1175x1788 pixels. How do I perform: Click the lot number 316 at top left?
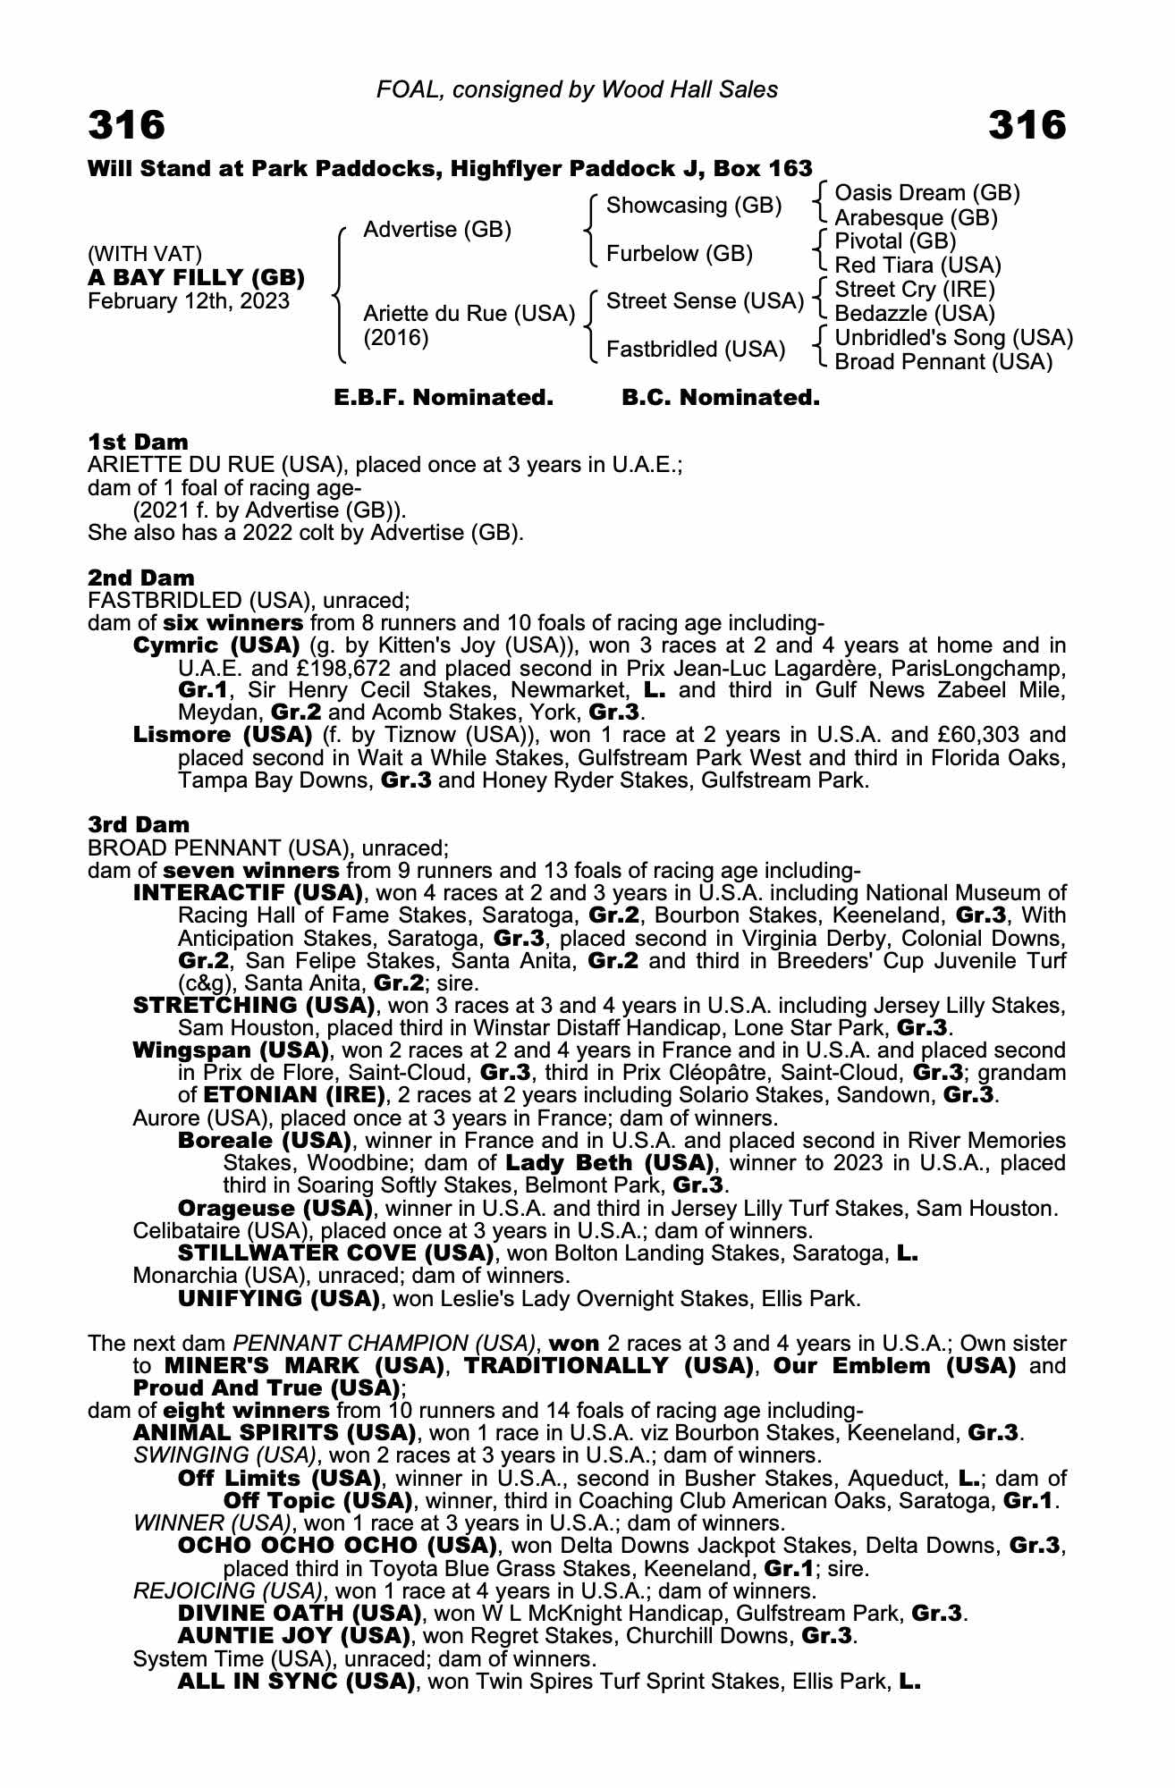[126, 125]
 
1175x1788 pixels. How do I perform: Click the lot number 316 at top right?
[1027, 125]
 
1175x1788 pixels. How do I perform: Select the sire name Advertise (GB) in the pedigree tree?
[436, 230]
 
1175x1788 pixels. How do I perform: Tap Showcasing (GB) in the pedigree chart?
[694, 206]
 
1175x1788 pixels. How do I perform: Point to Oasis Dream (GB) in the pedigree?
[926, 193]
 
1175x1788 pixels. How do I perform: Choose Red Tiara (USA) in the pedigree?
[917, 266]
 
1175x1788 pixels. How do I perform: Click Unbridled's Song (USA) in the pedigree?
[953, 338]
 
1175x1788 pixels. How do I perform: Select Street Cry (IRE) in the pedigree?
[914, 290]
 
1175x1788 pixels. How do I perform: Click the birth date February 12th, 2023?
[188, 301]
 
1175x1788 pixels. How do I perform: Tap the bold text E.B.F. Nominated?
[444, 398]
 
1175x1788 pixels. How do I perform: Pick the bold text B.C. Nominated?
[721, 398]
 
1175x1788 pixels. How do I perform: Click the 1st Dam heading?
[138, 442]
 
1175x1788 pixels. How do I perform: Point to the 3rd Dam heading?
[139, 824]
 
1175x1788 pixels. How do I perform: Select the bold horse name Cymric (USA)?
[216, 645]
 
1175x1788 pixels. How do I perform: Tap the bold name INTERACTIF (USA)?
[248, 893]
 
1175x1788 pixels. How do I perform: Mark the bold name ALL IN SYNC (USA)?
[296, 1682]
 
